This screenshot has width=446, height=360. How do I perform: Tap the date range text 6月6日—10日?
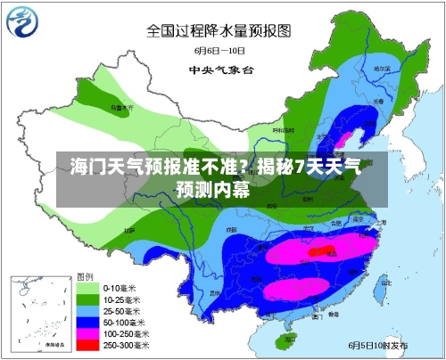[218, 52]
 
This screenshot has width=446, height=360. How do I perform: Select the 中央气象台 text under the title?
[218, 69]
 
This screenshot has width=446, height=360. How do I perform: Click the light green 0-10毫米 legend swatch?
[87, 289]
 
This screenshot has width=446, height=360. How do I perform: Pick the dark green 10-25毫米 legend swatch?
[87, 300]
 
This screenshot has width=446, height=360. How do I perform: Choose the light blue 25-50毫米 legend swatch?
[87, 312]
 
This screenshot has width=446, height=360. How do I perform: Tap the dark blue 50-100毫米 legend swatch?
[87, 323]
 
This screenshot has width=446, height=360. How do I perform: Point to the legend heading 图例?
[86, 276]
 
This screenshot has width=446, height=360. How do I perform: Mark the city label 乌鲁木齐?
[119, 107]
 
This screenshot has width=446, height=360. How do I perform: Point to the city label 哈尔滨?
[382, 68]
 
